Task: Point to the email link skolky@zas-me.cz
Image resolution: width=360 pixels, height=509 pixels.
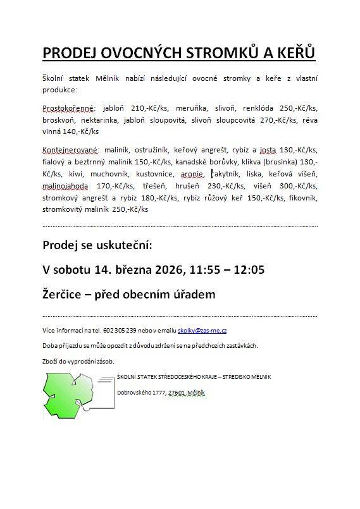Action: coord(202,331)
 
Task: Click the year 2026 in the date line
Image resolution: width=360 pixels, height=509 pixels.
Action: coord(167,269)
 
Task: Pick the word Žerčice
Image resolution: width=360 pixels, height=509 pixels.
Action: coord(65,294)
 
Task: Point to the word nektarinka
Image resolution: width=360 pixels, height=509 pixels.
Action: coord(106,120)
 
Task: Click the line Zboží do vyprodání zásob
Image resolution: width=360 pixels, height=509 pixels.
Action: coord(78,361)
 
